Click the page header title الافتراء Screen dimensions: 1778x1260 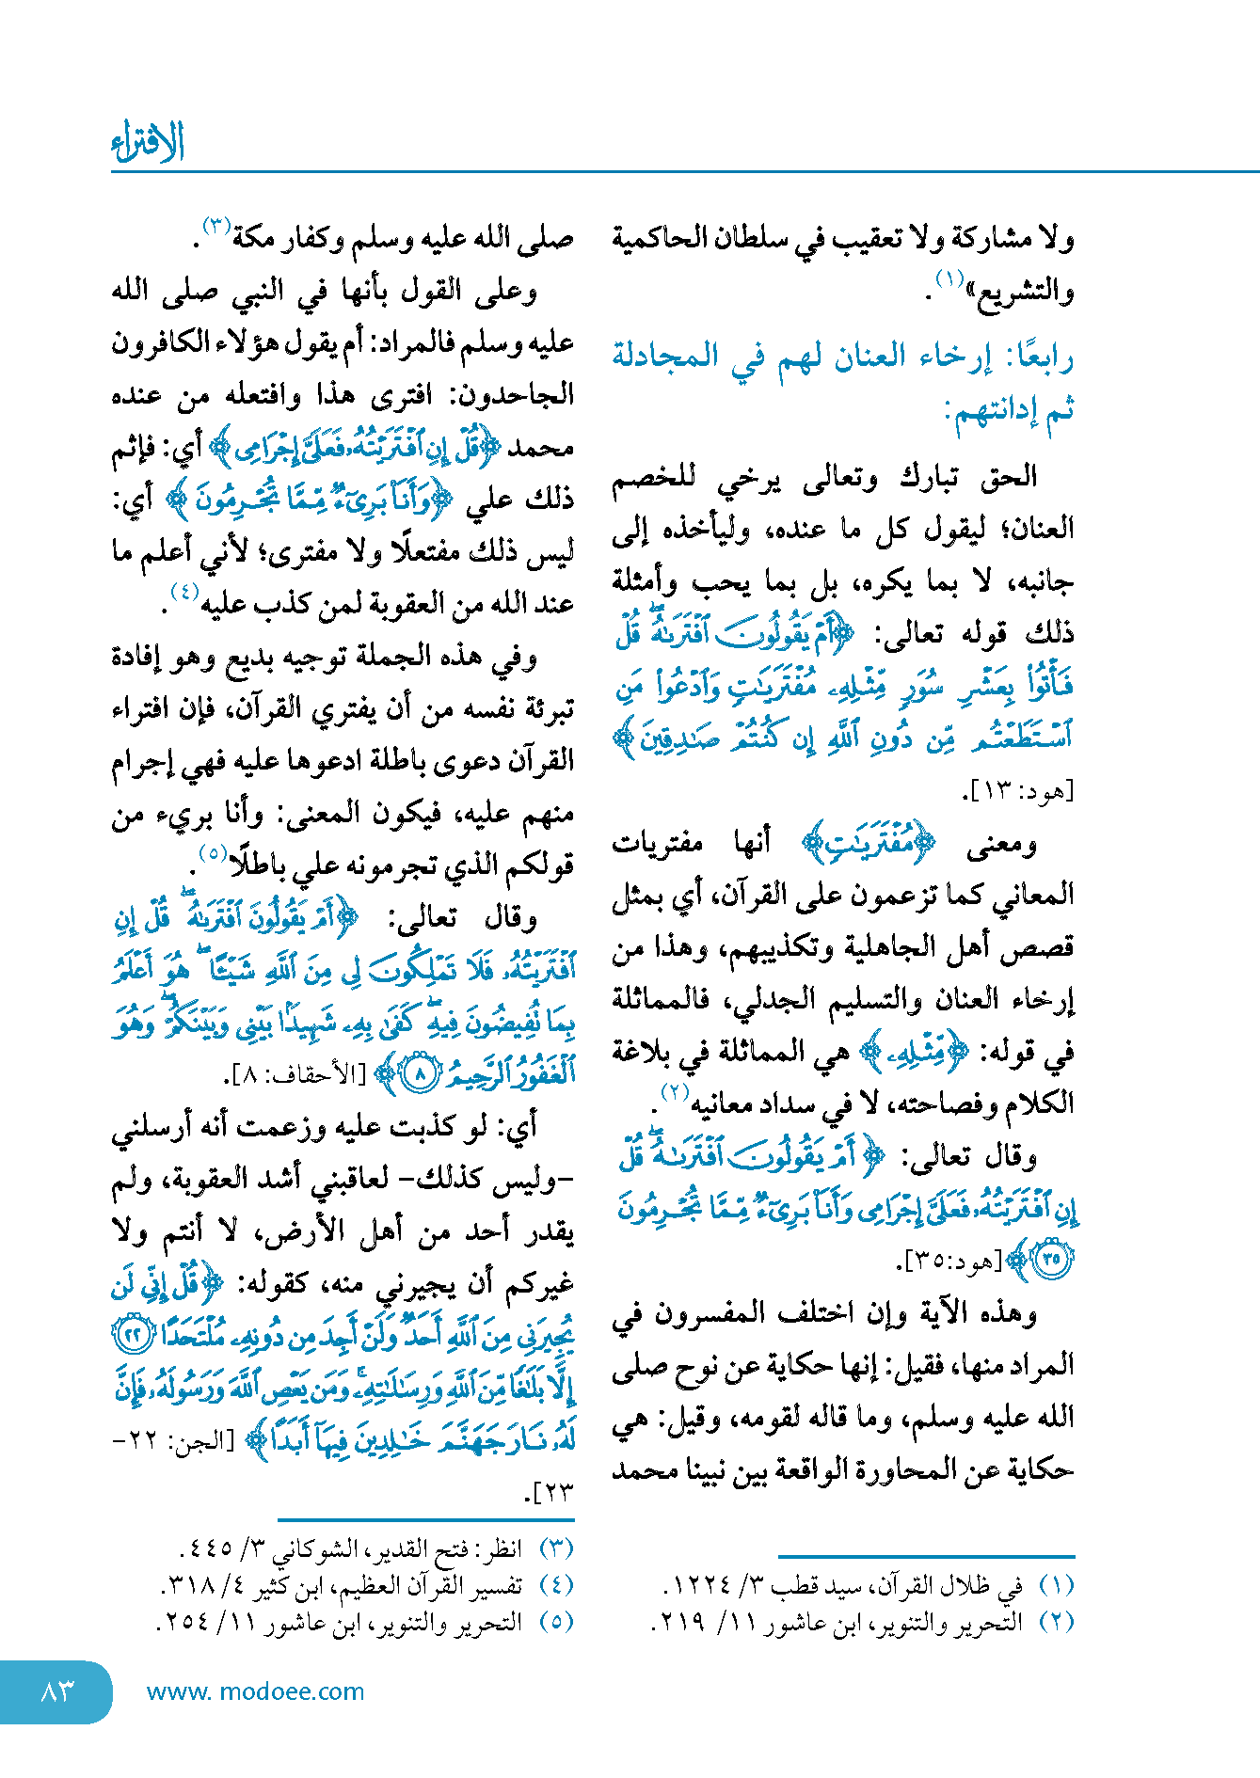point(148,143)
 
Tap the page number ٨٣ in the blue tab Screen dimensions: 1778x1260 point(56,1691)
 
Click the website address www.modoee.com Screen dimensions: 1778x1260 point(255,1691)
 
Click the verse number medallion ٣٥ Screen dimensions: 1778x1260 point(1051,1258)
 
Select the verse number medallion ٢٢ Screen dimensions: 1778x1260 point(133,1334)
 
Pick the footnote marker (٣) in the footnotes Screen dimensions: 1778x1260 point(556,1548)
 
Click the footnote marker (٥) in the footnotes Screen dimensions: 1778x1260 point(556,1622)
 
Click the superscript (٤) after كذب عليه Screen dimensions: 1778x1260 point(184,593)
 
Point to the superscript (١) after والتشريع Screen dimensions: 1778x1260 point(949,278)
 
